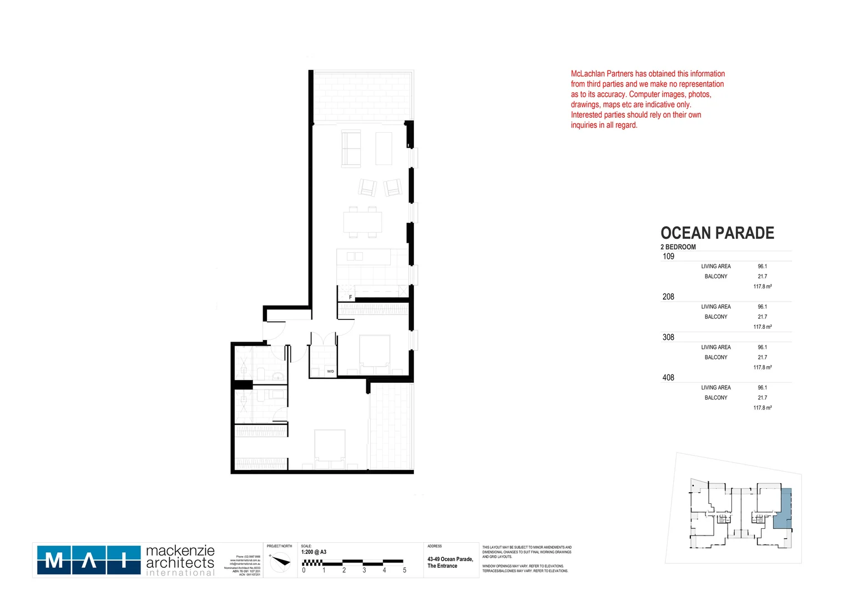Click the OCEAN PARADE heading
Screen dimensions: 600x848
click(717, 233)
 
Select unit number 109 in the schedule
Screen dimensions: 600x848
click(668, 256)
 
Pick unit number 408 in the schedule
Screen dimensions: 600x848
click(668, 378)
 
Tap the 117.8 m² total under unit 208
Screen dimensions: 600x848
click(763, 327)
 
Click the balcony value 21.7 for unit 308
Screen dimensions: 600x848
click(763, 357)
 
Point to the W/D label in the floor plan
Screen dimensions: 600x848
click(330, 371)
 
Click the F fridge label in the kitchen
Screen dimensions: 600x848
click(350, 297)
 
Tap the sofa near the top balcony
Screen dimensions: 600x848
click(351, 148)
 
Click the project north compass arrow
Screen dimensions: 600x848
click(280, 562)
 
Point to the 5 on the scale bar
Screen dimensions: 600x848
click(405, 570)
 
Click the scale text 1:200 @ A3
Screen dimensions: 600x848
click(314, 552)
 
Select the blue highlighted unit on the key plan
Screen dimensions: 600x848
click(783, 508)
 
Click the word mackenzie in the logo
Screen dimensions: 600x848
click(180, 551)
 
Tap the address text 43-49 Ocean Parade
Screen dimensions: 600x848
click(450, 559)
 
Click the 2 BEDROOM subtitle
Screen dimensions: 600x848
click(678, 247)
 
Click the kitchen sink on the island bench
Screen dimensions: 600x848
click(355, 256)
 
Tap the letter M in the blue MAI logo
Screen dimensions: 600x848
click(54, 560)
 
